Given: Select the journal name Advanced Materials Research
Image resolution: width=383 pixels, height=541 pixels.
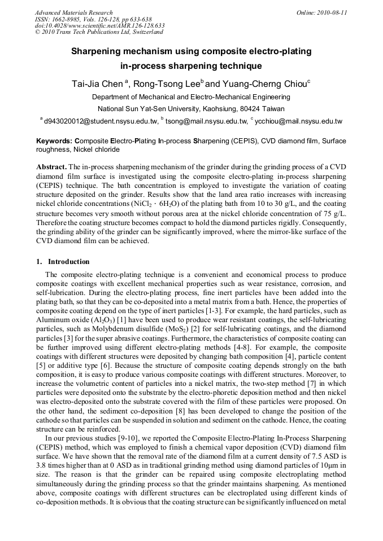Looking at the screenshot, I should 73,12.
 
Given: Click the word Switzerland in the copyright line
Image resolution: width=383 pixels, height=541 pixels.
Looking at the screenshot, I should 141,32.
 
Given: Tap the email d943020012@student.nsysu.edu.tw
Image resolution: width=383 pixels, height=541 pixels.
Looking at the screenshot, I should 101,121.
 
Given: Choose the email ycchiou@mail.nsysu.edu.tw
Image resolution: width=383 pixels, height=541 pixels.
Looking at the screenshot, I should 298,121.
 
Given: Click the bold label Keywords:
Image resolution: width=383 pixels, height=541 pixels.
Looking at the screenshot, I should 54,141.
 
